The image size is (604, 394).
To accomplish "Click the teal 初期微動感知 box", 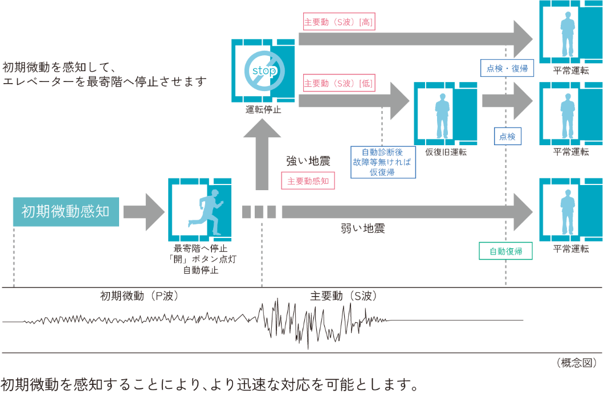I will point(66,212).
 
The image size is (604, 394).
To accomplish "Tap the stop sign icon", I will point(263,70).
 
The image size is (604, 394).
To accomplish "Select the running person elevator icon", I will point(200,210).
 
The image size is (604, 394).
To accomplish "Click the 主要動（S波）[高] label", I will point(338,22).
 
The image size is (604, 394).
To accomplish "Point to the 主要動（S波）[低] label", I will point(338,83).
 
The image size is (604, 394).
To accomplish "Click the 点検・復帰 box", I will point(507,68).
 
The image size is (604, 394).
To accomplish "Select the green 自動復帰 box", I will point(506,251).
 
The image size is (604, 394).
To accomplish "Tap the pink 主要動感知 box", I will point(308,181).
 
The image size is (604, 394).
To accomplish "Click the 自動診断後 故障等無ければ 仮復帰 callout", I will point(382,162).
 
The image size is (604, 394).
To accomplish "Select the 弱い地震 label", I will point(362,228).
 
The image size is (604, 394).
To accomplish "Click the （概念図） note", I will point(576,363).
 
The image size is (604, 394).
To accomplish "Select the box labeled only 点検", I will point(507,136).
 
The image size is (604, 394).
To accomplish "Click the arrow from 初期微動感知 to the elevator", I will point(143,212).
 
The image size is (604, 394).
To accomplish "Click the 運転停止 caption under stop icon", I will point(263,110).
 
